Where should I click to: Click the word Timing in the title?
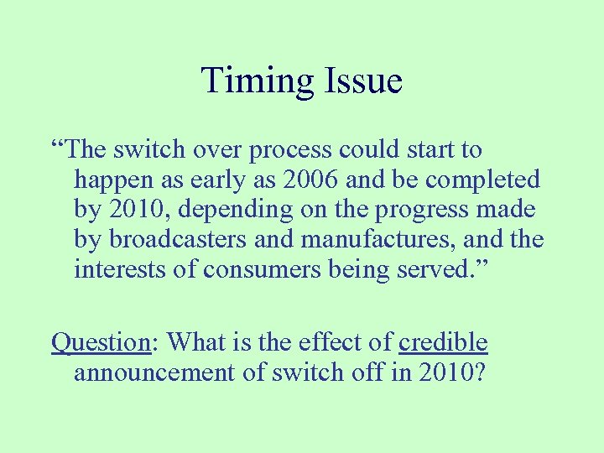(x=255, y=81)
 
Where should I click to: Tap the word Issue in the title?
(x=360, y=81)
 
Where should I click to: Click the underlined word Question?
(x=100, y=342)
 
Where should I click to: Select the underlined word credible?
(x=443, y=342)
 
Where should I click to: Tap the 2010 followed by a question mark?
(x=454, y=372)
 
